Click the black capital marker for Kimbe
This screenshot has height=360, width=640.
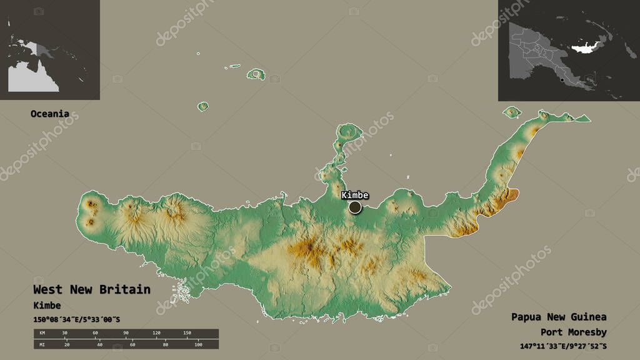coord(355,207)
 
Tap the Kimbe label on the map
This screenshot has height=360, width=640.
coord(355,195)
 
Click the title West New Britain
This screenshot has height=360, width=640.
coord(91,289)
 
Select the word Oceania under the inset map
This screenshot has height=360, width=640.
coord(50,114)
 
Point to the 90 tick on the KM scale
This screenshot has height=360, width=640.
coord(126,333)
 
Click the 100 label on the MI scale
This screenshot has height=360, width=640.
coord(198,344)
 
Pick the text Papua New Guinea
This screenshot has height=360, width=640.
coord(558,316)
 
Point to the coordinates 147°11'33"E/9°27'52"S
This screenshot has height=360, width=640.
coord(563,346)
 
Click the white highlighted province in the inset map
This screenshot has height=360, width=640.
coord(584,47)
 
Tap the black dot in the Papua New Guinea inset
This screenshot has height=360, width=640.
coord(562,80)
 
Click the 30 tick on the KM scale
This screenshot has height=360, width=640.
coord(65,333)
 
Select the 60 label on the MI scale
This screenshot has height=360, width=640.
coord(132,344)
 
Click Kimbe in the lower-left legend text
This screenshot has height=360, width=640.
coord(47,305)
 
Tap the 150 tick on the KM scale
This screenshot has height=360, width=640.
coord(186,333)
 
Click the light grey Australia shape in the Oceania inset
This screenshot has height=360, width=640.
coord(31,78)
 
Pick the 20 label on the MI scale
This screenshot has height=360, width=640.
coord(66,344)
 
